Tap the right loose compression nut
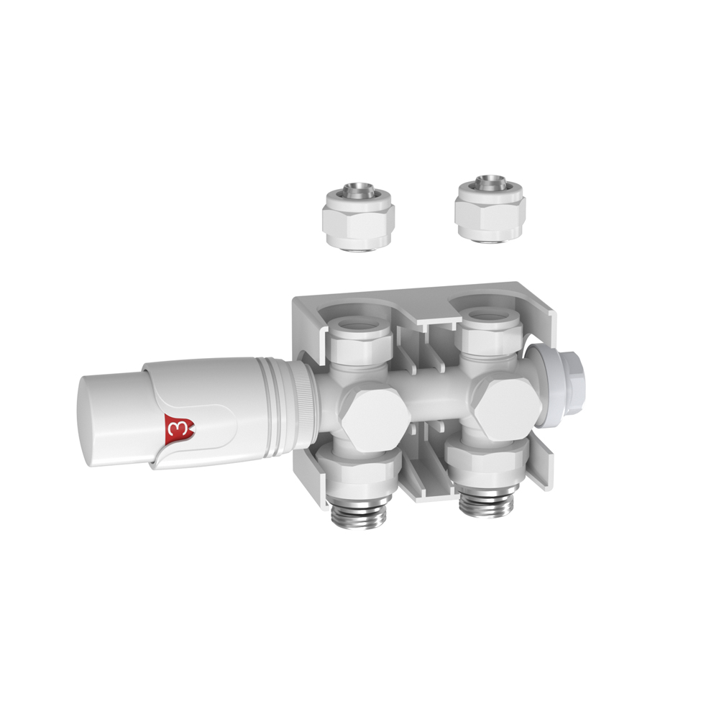[490, 209]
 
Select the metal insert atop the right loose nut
[490, 182]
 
